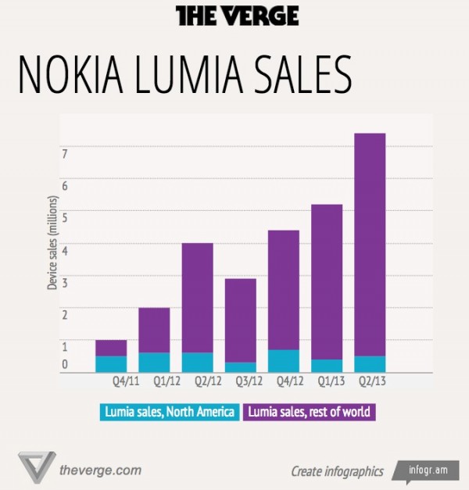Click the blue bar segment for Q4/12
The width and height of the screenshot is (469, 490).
pos(284,360)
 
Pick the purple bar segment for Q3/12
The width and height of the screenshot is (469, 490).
pos(241,320)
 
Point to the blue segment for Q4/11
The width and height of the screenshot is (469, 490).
pos(111,364)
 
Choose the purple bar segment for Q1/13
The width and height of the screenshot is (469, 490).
pos(327,281)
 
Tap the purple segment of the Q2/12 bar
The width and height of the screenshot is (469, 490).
pos(198,297)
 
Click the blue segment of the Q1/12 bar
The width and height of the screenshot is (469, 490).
pos(155,362)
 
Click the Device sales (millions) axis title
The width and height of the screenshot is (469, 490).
pos(52,242)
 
